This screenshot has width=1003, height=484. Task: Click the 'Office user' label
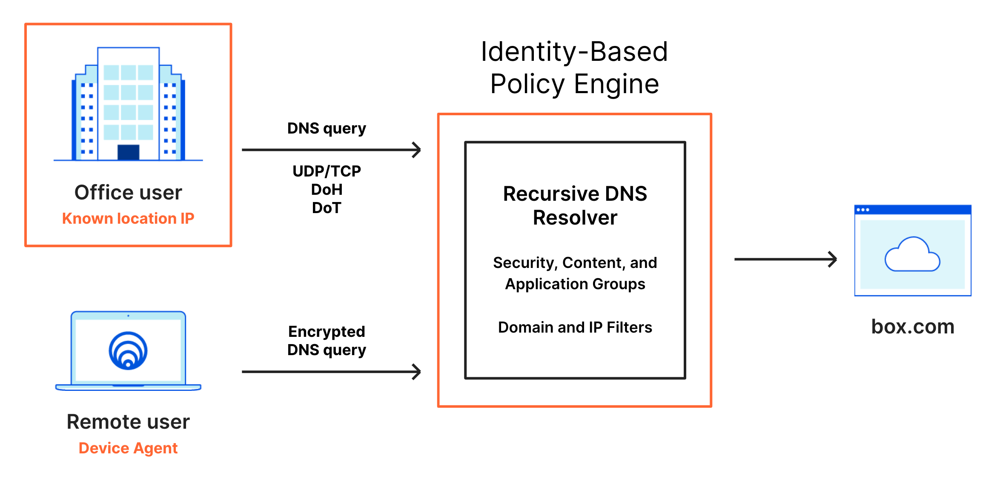tap(128, 193)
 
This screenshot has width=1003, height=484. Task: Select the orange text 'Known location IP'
tap(128, 219)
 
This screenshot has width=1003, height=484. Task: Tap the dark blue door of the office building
tap(128, 152)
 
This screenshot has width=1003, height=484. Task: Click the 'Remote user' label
tap(128, 422)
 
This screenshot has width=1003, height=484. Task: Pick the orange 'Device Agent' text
tap(128, 448)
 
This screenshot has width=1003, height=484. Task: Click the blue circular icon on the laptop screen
tap(128, 351)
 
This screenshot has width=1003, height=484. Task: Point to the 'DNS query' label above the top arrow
tap(327, 128)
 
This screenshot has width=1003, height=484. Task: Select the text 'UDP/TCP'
tap(327, 171)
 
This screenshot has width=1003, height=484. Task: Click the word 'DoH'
tap(327, 190)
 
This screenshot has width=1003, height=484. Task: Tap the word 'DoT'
tap(327, 208)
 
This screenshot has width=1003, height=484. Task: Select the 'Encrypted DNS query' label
tap(327, 341)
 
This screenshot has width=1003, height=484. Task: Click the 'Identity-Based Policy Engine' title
tap(574, 68)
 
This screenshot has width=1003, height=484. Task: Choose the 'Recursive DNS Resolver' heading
tap(575, 205)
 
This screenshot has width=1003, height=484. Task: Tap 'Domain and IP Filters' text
tap(575, 327)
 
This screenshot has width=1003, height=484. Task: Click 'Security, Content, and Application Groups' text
tap(575, 273)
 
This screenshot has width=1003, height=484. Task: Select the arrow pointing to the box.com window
tap(785, 259)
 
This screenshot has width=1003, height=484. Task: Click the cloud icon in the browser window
tap(912, 255)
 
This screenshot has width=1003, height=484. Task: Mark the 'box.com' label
tap(912, 327)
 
